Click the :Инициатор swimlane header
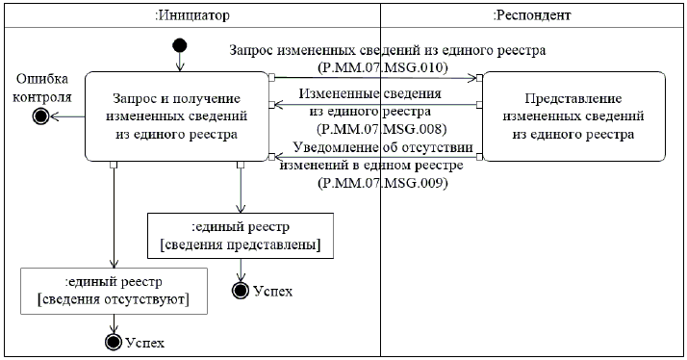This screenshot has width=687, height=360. click(192, 15)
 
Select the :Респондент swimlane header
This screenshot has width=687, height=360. click(532, 15)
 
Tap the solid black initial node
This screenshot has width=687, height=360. click(180, 45)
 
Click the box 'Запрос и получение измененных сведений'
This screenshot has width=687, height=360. click(177, 116)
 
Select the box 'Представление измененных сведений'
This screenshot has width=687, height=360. click(573, 116)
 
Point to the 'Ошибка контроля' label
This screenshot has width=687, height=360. click(42, 88)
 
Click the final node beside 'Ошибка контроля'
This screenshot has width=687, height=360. click(40, 116)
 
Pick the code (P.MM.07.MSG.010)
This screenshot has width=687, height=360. click(382, 68)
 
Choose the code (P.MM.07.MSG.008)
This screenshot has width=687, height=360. click(381, 129)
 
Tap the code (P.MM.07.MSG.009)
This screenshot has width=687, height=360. click(383, 183)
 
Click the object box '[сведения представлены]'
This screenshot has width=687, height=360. click(241, 236)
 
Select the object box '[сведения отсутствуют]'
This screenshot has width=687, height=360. click(114, 291)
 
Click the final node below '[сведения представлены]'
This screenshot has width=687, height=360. click(241, 291)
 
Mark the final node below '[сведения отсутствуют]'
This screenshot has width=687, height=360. click(114, 342)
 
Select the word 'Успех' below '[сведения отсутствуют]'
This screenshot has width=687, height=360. click(145, 343)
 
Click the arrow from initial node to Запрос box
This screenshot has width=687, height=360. click(180, 62)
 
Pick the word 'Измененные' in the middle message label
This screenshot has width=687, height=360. click(338, 93)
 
